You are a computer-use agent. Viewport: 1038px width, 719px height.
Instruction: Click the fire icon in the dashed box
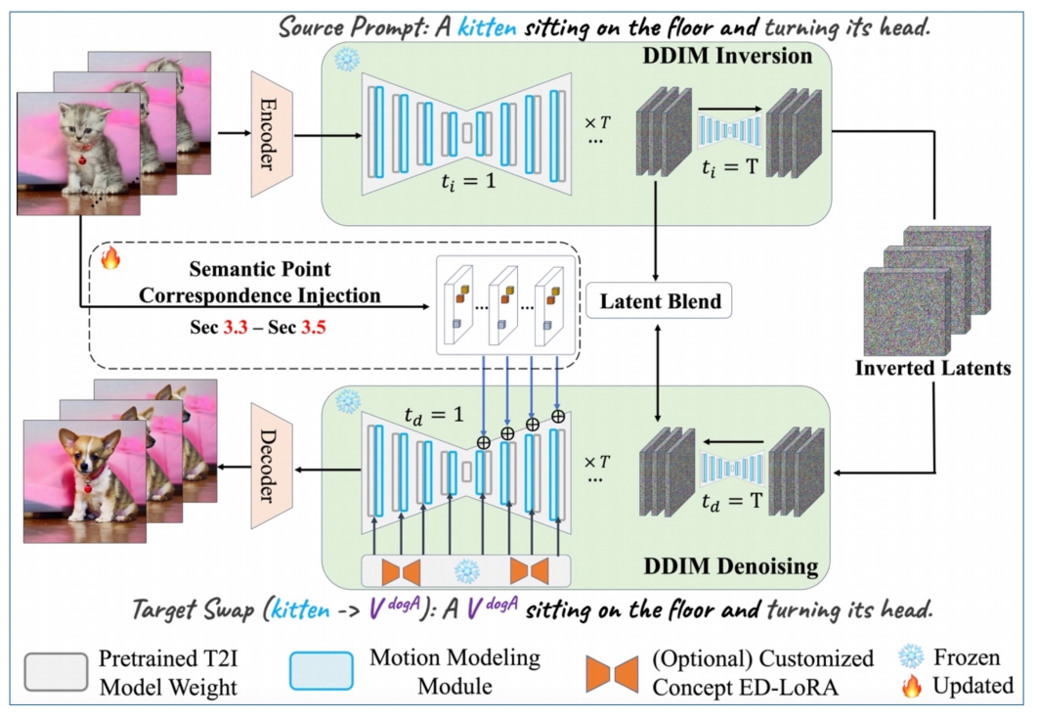pyautogui.click(x=110, y=258)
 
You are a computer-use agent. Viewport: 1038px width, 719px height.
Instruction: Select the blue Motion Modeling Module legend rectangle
pyautogui.click(x=321, y=671)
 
